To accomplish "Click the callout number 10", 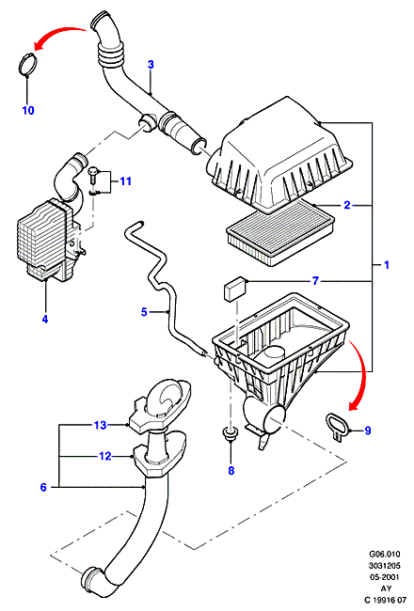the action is coord(28,110).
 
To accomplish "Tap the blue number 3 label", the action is coord(151,65).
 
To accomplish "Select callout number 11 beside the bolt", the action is coord(125,181).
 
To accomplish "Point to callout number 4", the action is coord(45,320).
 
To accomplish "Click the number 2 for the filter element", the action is coord(347,205).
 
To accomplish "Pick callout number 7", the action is coord(315,280).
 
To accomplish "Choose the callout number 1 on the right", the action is coord(387,265).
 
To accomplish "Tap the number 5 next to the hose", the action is coord(144,312).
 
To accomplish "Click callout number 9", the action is coord(367,431).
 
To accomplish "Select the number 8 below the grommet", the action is coord(231,471).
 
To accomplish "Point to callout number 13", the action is coord(100,425).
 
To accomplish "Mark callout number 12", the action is coord(105,456).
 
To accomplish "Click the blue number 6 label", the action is coord(43,487).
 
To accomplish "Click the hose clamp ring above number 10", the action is coord(27,64).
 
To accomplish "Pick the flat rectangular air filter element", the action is coord(281,232).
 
